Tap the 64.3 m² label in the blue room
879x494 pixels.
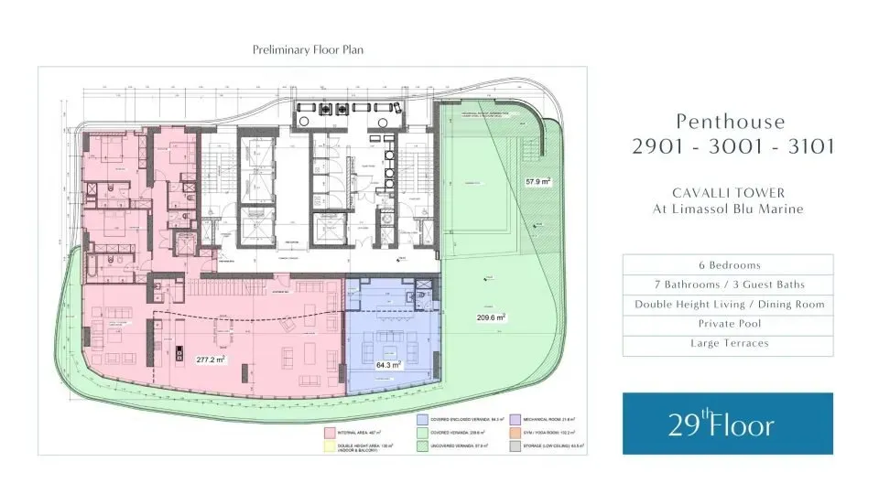click(x=391, y=364)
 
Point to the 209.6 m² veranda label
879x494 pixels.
click(x=491, y=317)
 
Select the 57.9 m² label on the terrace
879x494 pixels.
click(x=537, y=182)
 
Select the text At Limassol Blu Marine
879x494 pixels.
click(x=728, y=209)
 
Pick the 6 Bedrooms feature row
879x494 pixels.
click(x=728, y=265)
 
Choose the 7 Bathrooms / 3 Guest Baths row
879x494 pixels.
click(x=728, y=285)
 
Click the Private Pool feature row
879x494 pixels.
click(x=728, y=324)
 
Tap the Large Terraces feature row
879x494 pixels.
click(x=728, y=344)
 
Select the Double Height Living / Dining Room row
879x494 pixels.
click(x=728, y=305)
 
